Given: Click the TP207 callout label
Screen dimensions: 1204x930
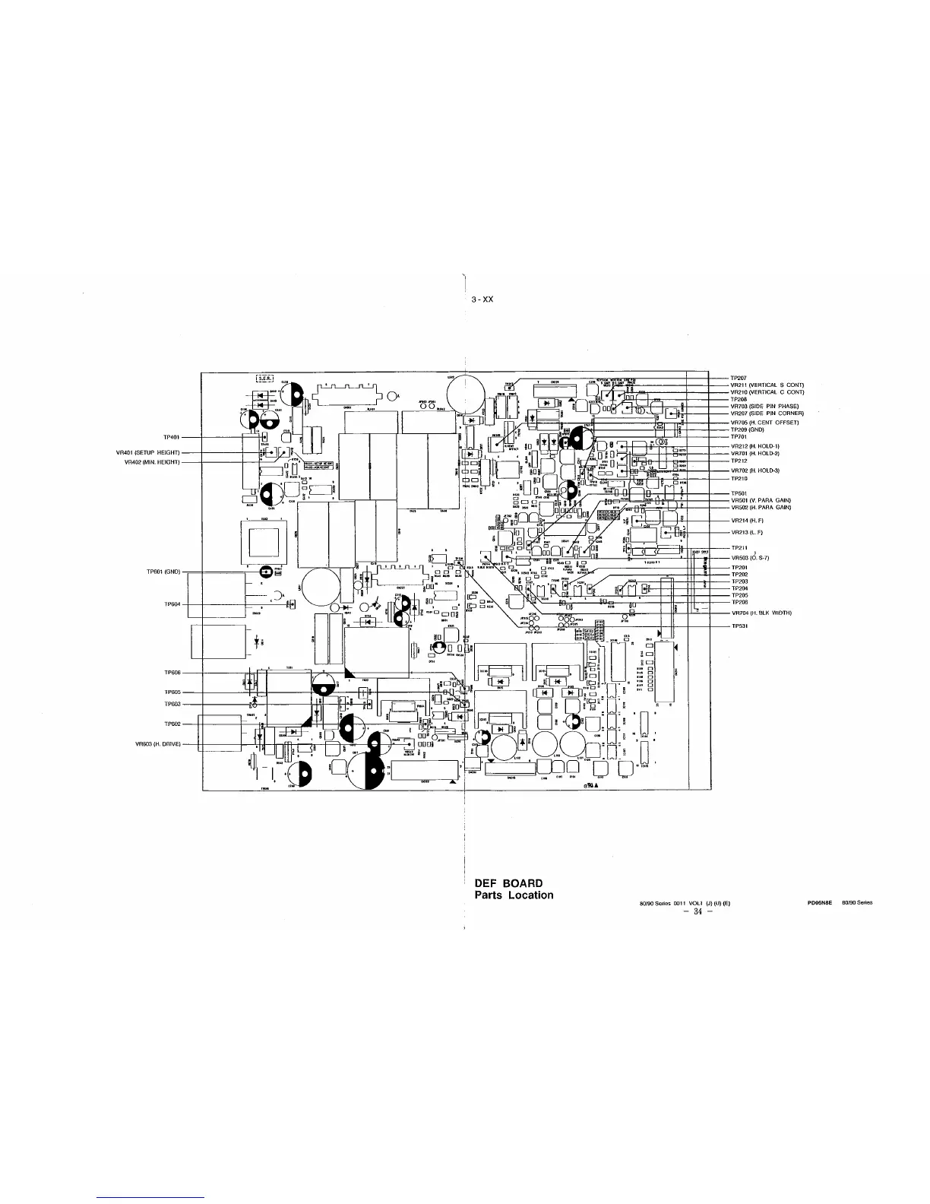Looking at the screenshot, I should (739, 378).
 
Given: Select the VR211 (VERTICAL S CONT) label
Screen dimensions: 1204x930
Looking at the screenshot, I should (767, 385).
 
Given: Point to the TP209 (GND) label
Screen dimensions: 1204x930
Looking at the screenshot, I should (747, 429).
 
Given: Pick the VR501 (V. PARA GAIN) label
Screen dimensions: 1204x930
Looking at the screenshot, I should (761, 500).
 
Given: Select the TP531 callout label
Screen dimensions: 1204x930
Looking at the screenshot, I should (739, 626).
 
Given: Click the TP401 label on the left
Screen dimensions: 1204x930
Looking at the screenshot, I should (170, 438).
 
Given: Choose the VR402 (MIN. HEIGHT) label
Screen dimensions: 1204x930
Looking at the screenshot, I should (151, 462).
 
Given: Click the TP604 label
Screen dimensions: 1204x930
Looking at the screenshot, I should (172, 605).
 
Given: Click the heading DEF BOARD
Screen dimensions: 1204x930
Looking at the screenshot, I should (508, 883).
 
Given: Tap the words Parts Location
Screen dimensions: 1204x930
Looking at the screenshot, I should (514, 895).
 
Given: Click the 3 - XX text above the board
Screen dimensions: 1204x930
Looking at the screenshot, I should (482, 299).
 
